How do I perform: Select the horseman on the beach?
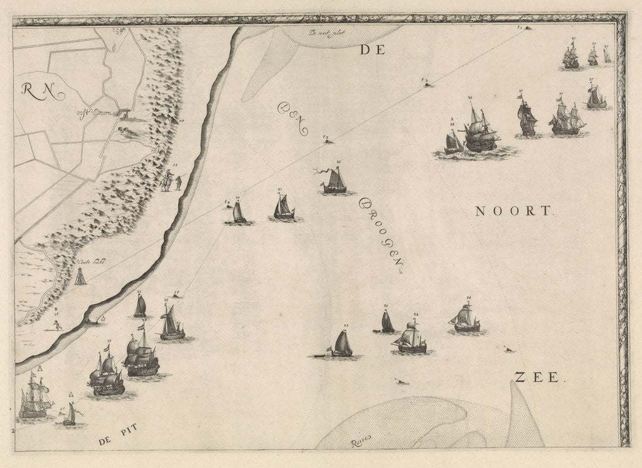pos(167,182)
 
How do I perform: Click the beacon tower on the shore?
pos(80,276)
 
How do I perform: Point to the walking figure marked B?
pos(57,324)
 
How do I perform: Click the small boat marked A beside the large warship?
pos(454,143)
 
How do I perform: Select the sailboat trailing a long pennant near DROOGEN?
pos(335,182)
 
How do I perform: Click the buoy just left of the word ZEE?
pos(509,349)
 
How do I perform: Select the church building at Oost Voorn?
pos(126,114)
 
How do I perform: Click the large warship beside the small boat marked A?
pos(480,131)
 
